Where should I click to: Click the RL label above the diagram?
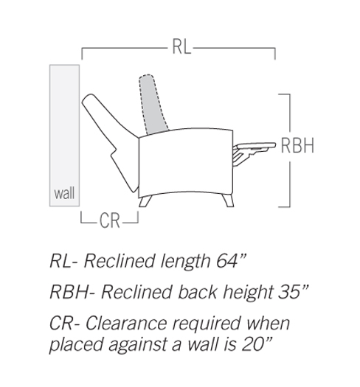[x=181, y=46]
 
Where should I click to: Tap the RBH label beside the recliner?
[x=297, y=145]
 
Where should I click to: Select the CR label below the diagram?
[x=109, y=220]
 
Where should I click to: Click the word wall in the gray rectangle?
[x=64, y=193]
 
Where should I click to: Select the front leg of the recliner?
[x=228, y=200]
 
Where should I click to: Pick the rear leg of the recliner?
[x=145, y=201]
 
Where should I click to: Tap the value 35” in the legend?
[x=294, y=292]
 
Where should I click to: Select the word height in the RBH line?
[x=248, y=293]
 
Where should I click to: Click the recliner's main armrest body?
[x=186, y=163]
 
